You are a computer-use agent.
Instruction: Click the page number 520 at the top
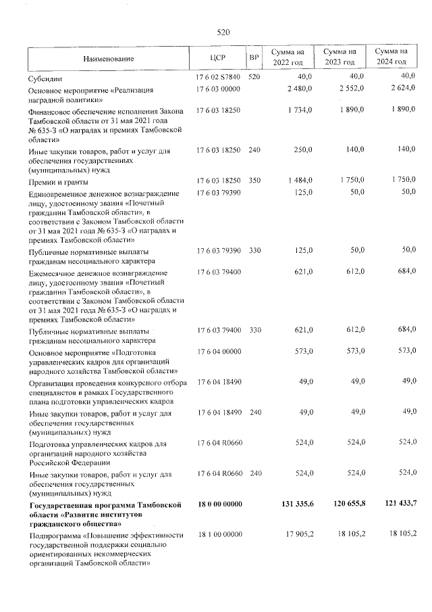223,32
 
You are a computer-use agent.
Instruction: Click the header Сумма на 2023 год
340,57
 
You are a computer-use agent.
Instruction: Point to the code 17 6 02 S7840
217,78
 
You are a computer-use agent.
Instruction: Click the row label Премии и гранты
59,182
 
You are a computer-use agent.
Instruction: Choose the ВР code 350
254,181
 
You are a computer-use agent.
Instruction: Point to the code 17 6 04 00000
217,352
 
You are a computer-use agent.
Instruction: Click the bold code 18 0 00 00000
217,504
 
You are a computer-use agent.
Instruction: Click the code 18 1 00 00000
217,535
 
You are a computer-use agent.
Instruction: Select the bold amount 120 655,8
344,504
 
